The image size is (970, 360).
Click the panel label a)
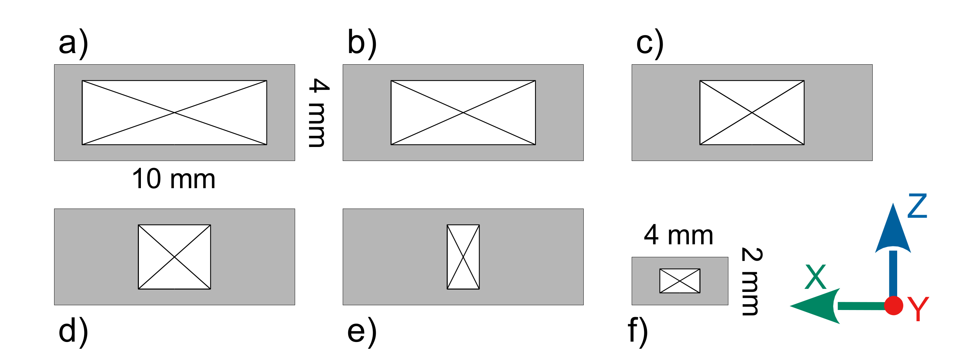pos(74,44)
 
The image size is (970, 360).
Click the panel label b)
pos(362,43)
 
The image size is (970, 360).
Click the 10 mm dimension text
pos(174,179)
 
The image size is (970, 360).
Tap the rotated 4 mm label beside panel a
pos(318,113)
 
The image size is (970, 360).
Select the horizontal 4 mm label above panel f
pos(679,235)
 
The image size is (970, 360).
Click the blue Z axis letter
pos(917,206)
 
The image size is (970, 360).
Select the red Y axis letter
pos(918,309)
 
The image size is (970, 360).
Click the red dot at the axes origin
pos(893,306)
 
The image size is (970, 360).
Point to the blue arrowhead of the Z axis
pos(893,230)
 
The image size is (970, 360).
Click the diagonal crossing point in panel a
pos(174,113)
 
